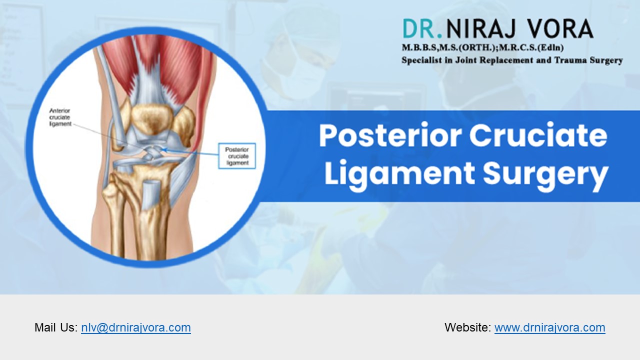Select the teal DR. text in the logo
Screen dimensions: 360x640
[x=422, y=29]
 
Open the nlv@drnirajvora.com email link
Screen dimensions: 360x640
[x=135, y=327]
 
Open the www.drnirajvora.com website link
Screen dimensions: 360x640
[x=549, y=327]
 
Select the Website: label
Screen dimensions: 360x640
[x=467, y=327]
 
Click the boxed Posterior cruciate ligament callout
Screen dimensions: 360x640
[x=237, y=156]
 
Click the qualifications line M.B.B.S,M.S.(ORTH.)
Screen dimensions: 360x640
[x=460, y=48]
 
